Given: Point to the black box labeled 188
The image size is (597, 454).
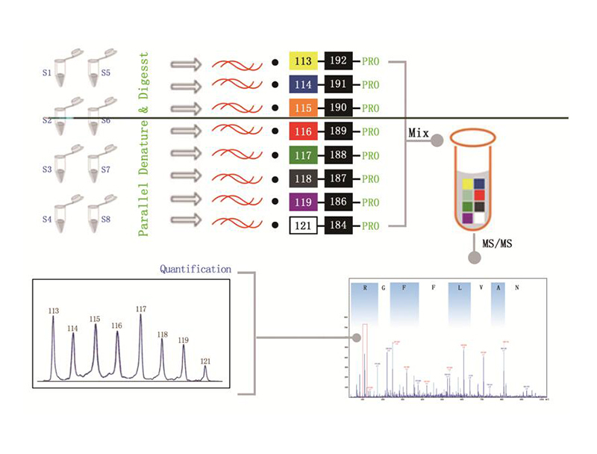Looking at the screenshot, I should pyautogui.click(x=339, y=155).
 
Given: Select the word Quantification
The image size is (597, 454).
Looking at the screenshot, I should pyautogui.click(x=196, y=269).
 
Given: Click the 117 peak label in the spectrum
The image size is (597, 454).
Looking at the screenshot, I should pyautogui.click(x=141, y=308).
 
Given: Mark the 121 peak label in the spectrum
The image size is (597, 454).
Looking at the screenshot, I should pyautogui.click(x=205, y=361).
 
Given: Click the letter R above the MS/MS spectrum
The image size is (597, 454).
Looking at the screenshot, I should pyautogui.click(x=364, y=286).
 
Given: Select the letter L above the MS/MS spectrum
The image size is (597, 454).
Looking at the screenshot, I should pyautogui.click(x=460, y=286).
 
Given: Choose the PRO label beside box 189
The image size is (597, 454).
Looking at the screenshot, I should pyautogui.click(x=371, y=133).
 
